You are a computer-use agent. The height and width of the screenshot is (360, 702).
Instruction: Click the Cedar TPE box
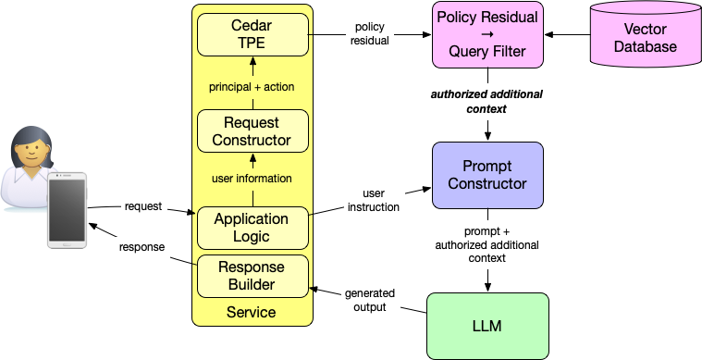pyautogui.click(x=252, y=34)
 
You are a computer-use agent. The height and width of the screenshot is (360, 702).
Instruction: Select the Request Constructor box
pyautogui.click(x=252, y=131)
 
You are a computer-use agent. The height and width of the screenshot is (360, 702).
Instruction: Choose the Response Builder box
pyautogui.click(x=252, y=276)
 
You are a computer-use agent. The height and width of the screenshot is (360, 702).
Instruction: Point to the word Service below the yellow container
pyautogui.click(x=252, y=312)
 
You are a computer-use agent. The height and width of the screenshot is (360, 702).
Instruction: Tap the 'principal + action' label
pyautogui.click(x=252, y=87)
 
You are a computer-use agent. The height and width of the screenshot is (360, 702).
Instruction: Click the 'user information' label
pyautogui.click(x=252, y=178)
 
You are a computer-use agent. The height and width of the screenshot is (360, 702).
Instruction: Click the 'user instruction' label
pyautogui.click(x=372, y=201)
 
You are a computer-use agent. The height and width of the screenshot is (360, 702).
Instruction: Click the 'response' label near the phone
pyautogui.click(x=143, y=248)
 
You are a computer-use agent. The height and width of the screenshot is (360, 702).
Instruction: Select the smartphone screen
pyautogui.click(x=68, y=210)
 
